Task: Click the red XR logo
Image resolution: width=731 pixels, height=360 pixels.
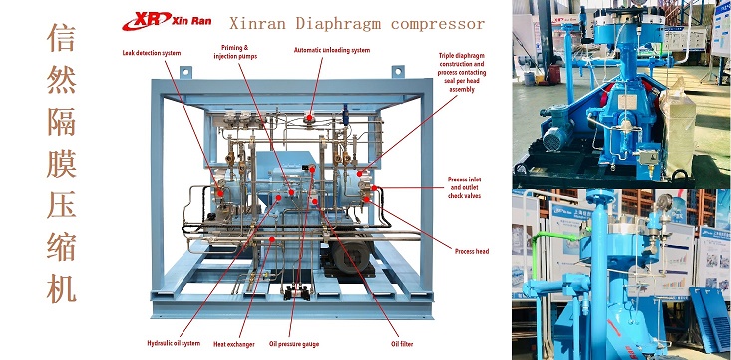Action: [147, 21]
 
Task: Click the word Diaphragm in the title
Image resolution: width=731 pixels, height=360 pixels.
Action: [340, 23]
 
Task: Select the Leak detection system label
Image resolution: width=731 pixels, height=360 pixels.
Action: [151, 53]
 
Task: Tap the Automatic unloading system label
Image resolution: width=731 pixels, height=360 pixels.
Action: [332, 50]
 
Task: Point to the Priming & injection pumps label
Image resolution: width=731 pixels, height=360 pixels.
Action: [235, 52]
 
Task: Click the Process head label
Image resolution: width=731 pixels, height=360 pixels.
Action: [472, 251]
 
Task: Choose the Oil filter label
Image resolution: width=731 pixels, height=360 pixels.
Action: [401, 344]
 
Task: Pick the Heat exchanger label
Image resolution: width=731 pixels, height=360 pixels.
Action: [234, 345]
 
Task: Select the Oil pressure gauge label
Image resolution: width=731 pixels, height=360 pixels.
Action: [294, 345]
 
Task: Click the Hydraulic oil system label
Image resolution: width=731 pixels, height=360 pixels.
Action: [174, 343]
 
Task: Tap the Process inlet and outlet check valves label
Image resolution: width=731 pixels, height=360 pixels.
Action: [464, 187]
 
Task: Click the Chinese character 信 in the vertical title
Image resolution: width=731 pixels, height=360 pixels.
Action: [61, 38]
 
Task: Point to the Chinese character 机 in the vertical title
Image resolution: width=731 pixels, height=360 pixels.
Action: [61, 289]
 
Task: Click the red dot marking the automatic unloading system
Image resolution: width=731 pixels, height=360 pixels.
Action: [309, 118]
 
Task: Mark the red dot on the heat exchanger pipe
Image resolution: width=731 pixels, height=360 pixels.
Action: [272, 239]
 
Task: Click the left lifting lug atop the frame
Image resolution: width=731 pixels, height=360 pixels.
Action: [185, 72]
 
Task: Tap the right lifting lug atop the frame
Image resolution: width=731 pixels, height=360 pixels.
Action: [398, 72]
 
